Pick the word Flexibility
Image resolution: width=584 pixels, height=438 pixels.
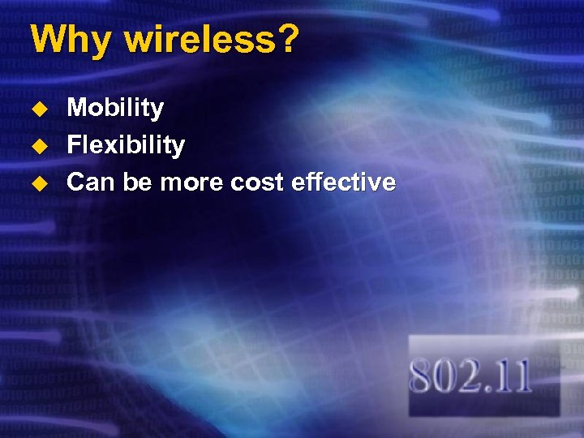pos(126,146)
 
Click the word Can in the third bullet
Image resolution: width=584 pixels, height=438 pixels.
pos(91,182)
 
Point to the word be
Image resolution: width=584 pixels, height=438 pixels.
pos(138,182)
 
